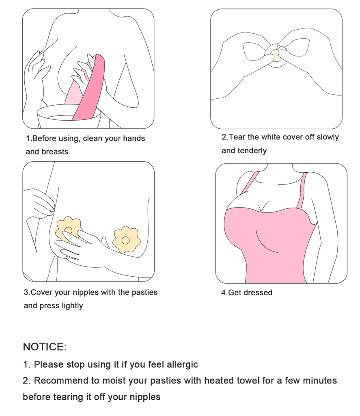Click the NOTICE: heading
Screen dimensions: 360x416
pos(45,347)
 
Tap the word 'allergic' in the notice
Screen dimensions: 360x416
pos(182,364)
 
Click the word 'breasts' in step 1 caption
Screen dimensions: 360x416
pos(55,152)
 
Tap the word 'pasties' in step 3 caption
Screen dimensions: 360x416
pos(144,292)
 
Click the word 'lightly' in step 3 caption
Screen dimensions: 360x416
pos(72,306)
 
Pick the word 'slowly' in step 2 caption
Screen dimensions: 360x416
pos(328,137)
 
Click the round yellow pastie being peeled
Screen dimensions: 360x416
pos(276,55)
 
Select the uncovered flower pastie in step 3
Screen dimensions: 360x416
pos(126,240)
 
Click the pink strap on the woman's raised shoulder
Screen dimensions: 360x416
pos(250,183)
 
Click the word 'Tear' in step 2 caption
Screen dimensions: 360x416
pos(237,137)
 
